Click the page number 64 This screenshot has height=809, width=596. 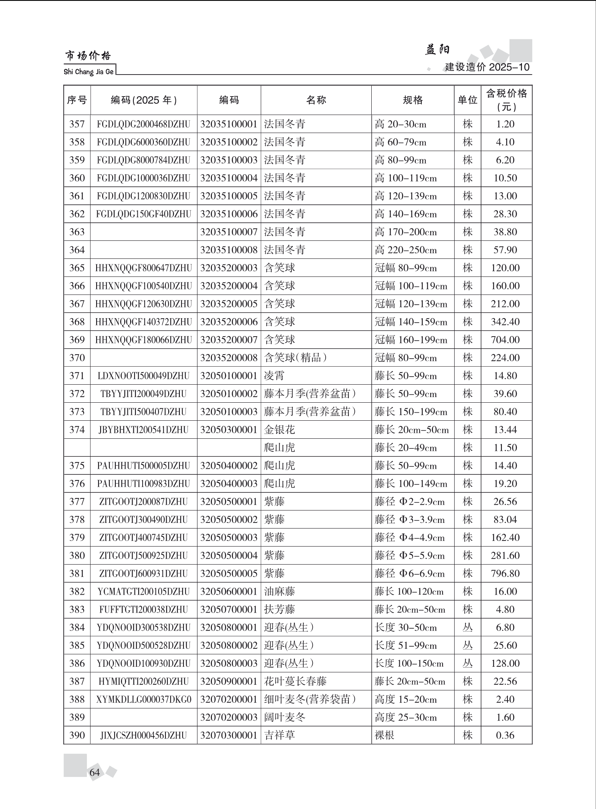pos(95,772)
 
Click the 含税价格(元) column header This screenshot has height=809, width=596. pos(506,100)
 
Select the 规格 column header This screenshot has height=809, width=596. pos(413,100)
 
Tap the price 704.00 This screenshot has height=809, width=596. pos(505,340)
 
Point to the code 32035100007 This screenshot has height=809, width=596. pos(229,232)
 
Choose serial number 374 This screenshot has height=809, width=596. pos(77,430)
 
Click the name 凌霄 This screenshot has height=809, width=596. pos(274,376)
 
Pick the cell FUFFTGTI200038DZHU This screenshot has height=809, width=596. pos(143,609)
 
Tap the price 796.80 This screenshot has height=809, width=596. pos(505,573)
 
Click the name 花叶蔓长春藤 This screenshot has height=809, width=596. pos(295,681)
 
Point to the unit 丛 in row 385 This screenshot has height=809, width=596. pos(467,645)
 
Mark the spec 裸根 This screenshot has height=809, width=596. pos(384,735)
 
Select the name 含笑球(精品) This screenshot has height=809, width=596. pos(296,358)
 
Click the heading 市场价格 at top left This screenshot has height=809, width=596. pos(88,56)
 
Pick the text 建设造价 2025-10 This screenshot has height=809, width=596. pos(487,67)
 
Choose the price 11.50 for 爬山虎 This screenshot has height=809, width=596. pos(505,448)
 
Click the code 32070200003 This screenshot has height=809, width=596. pos(229,717)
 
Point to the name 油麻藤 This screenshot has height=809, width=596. pos(280,591)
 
